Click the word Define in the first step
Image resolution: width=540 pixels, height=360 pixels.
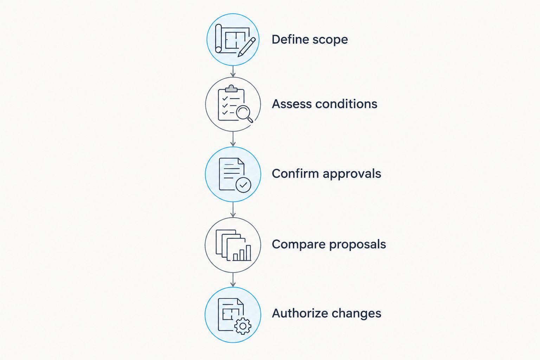pyautogui.click(x=290, y=39)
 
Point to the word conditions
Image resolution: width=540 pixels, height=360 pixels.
pyautogui.click(x=346, y=104)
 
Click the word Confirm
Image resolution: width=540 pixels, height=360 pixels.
pyautogui.click(x=295, y=174)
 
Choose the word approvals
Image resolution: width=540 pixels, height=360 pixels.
pyautogui.click(x=352, y=174)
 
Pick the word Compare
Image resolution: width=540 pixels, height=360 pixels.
pyautogui.click(x=298, y=245)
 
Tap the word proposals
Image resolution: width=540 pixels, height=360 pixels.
pyautogui.click(x=358, y=245)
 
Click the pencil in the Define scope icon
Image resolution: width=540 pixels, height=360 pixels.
pyautogui.click(x=246, y=47)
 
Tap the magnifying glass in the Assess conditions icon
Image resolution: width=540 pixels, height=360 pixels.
pyautogui.click(x=244, y=114)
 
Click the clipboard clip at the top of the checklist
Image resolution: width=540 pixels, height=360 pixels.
pyautogui.click(x=231, y=89)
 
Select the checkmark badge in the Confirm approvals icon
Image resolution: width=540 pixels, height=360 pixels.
pyautogui.click(x=243, y=185)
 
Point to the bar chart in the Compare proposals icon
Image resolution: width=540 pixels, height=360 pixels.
pyautogui.click(x=242, y=253)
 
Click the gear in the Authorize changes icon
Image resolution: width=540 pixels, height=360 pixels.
pyautogui.click(x=243, y=326)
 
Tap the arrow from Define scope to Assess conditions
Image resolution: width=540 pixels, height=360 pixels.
pyautogui.click(x=233, y=71)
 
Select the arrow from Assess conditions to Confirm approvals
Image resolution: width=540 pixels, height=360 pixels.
pyautogui.click(x=233, y=139)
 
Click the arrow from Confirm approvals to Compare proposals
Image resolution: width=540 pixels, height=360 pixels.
pyautogui.click(x=233, y=210)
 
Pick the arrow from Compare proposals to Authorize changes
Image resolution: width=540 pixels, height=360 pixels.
pyautogui.click(x=233, y=280)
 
